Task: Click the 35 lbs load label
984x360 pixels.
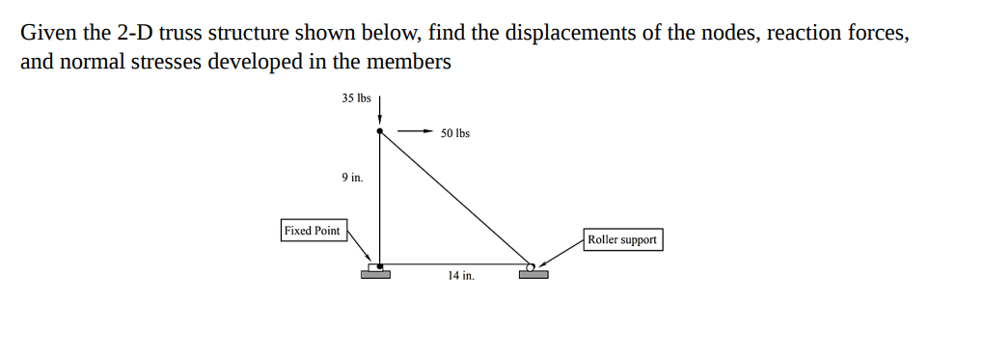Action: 356,98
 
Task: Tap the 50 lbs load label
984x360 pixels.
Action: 455,133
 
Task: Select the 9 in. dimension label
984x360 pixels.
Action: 352,178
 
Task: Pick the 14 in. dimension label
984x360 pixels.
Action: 461,276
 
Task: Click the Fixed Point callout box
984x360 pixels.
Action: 313,231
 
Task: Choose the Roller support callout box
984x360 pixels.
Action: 623,239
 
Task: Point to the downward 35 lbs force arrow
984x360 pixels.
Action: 380,108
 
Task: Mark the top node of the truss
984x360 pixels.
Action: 380,131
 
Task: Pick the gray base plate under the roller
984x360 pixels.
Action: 533,275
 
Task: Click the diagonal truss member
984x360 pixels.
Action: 454,198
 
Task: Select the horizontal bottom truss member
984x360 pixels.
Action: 453,263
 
